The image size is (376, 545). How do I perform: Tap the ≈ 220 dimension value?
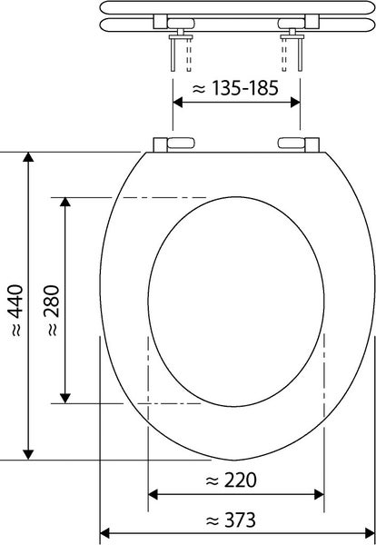231,479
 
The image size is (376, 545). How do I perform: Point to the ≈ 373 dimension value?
231,520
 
